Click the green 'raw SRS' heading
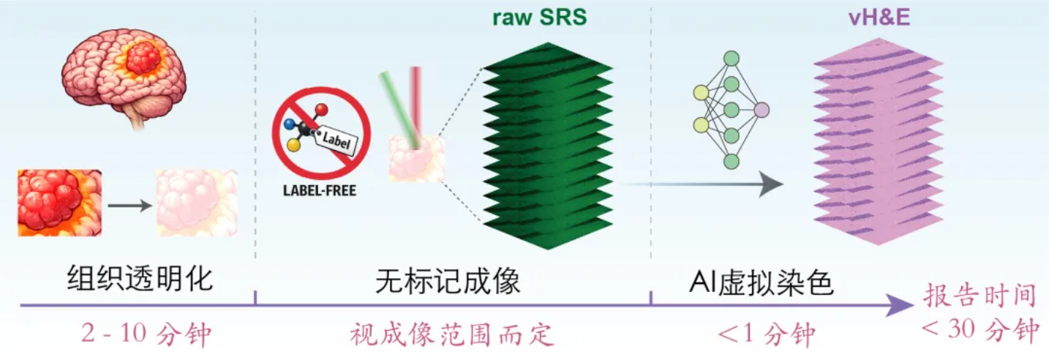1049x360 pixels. pos(539,18)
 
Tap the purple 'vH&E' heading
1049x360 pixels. pos(879,18)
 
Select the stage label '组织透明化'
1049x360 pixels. pos(140,279)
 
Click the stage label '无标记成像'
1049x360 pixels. pos(448,282)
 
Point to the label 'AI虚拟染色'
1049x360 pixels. pos(761,282)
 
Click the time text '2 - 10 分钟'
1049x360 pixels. pos(146,334)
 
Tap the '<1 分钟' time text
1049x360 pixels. pos(766,334)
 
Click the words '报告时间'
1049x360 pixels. pos(980,296)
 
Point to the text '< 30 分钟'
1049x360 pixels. pos(980,329)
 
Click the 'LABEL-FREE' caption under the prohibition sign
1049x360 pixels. pos(320,190)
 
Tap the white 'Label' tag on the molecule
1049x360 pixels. pos(336,140)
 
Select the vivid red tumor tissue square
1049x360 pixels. pos(59,203)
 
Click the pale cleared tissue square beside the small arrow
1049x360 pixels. pos(197,203)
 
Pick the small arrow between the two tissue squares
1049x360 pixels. pos(129,206)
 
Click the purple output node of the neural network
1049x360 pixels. pos(762,110)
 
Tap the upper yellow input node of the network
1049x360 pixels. pos(701,93)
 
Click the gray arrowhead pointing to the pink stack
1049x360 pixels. pos(771,184)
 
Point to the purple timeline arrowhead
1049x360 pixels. pos(899,305)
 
